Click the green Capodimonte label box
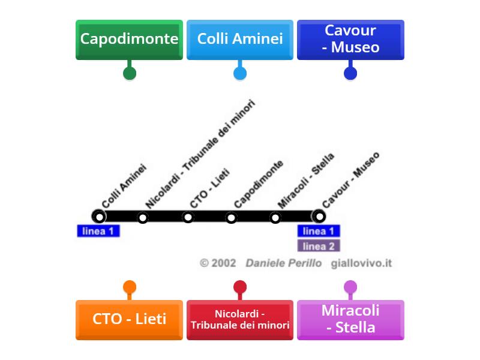(x=129, y=40)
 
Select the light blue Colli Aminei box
(x=240, y=40)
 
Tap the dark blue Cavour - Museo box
(x=350, y=40)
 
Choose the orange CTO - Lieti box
(x=129, y=319)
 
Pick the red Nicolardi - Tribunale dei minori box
(x=240, y=319)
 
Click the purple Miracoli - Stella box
(x=350, y=319)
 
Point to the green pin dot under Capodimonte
(x=129, y=73)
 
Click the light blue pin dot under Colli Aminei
(x=240, y=73)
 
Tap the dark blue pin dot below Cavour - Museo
(x=350, y=73)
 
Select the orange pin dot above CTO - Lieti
(x=129, y=287)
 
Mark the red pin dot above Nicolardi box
(x=240, y=287)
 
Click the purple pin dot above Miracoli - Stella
(x=350, y=287)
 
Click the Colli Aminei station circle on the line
(x=98, y=216)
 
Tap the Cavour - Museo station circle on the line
(x=320, y=216)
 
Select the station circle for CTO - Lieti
(x=188, y=217)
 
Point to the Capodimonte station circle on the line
(x=232, y=217)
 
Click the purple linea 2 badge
(x=319, y=246)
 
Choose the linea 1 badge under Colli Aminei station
(x=98, y=231)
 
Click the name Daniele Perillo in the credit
(x=283, y=263)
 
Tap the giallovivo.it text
(x=361, y=263)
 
